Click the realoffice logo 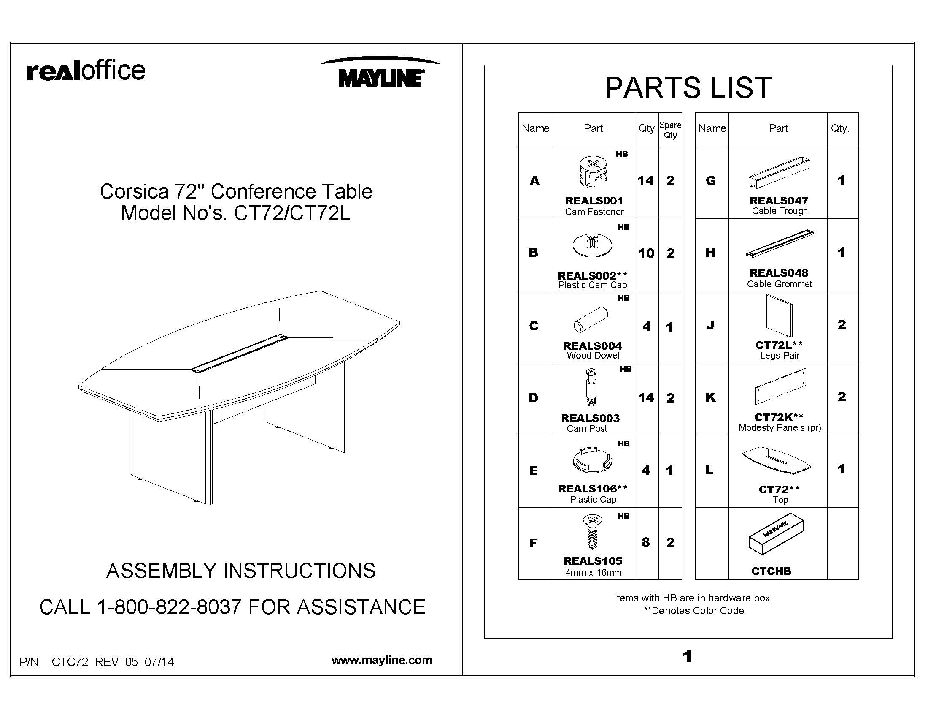[x=86, y=71]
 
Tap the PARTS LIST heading [x=688, y=88]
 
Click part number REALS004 [x=592, y=346]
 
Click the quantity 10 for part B [x=646, y=253]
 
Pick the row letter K [x=710, y=397]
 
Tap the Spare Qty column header [x=670, y=130]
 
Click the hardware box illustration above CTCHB [x=775, y=534]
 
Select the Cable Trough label [x=779, y=211]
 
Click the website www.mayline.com [x=382, y=660]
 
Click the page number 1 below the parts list [x=687, y=657]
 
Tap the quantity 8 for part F [x=646, y=542]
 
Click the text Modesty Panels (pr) [x=779, y=427]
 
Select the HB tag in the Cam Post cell [x=625, y=369]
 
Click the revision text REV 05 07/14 [x=134, y=662]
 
